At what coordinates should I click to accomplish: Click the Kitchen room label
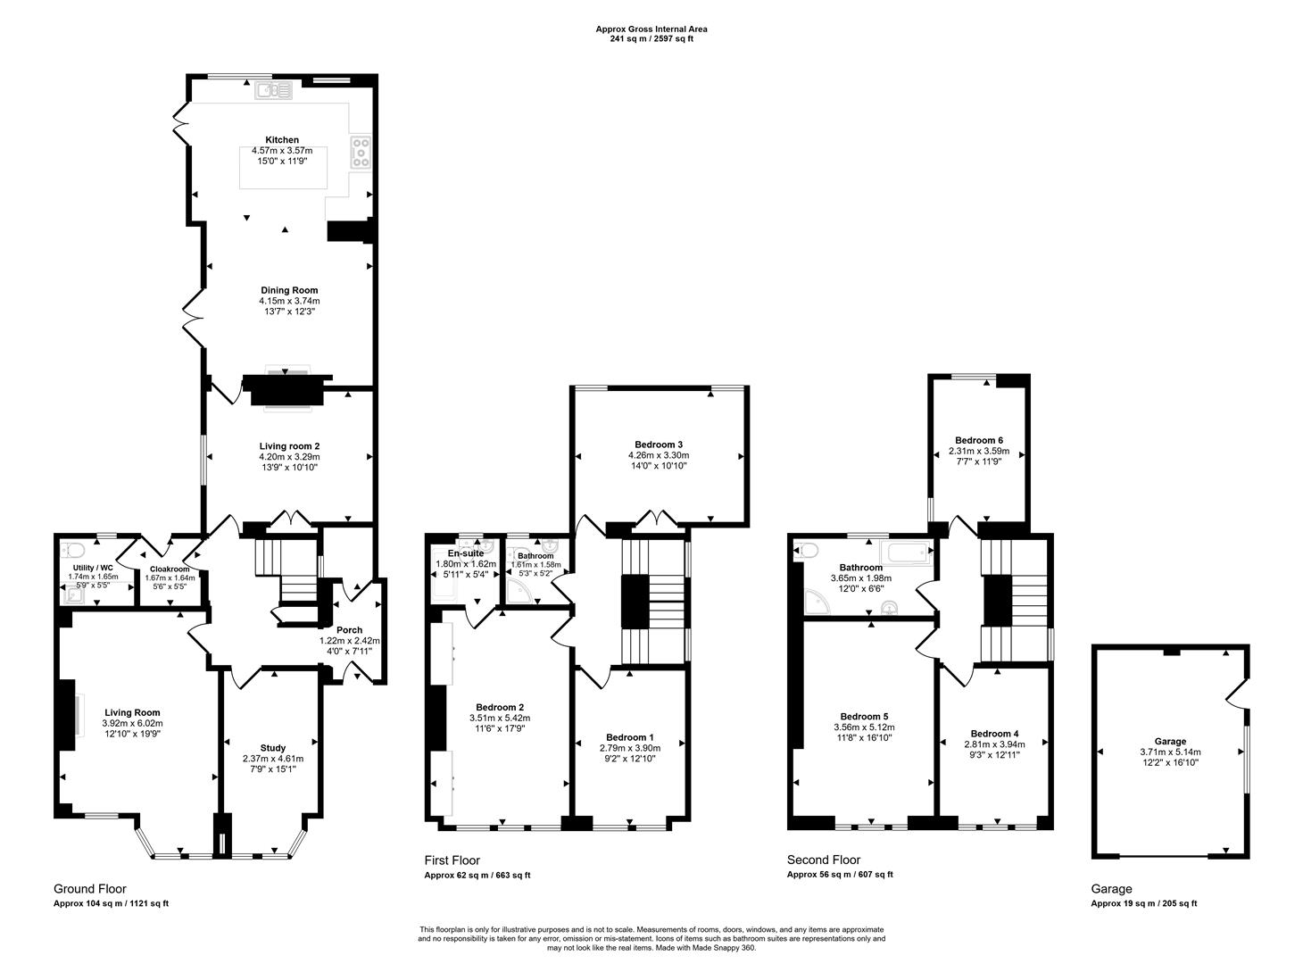click(x=282, y=140)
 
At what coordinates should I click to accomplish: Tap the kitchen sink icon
click(x=273, y=89)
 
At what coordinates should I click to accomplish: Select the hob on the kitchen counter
click(x=361, y=152)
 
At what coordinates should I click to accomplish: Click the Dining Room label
click(x=289, y=290)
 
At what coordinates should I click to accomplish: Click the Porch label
click(x=350, y=629)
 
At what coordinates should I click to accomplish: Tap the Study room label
click(x=273, y=748)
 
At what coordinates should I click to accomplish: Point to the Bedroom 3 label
click(x=659, y=445)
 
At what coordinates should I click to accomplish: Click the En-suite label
click(x=466, y=553)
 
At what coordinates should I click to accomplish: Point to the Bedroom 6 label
click(x=979, y=440)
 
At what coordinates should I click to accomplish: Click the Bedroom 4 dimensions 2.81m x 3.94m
click(x=995, y=744)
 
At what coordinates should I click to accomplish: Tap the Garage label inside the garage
click(x=1170, y=741)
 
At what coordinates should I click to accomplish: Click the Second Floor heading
click(x=823, y=860)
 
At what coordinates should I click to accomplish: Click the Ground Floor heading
click(x=90, y=889)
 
